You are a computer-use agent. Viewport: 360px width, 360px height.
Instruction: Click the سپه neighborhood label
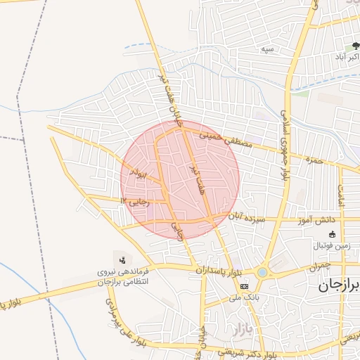(266, 49)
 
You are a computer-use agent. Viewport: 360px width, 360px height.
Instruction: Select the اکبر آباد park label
(346, 59)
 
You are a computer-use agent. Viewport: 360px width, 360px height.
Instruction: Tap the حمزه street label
(313, 160)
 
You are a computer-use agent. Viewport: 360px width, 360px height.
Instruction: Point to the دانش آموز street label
(319, 221)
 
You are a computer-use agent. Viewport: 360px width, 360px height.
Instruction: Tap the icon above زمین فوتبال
(333, 234)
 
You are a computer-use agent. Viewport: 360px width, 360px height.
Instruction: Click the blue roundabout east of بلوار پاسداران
(262, 272)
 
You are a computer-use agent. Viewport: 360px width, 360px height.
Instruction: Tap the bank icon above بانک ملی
(244, 286)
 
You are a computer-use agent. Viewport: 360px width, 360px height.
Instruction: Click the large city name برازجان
(335, 285)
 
